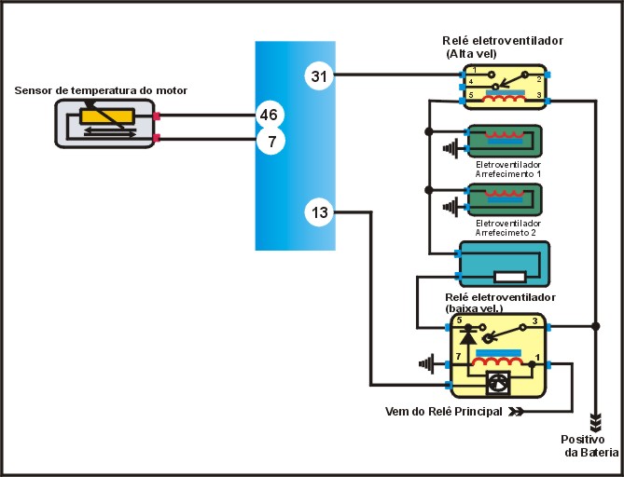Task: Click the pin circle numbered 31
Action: [x=320, y=75]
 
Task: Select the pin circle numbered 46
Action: [x=269, y=116]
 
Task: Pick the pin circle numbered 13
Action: [x=320, y=212]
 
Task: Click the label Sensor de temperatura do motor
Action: [x=101, y=90]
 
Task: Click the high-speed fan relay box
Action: [x=507, y=86]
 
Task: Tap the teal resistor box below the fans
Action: [x=502, y=264]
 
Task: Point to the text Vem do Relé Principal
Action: [x=443, y=411]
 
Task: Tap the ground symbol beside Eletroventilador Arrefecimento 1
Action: [x=452, y=148]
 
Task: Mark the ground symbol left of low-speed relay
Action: [x=428, y=362]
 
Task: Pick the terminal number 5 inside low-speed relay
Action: [x=459, y=320]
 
